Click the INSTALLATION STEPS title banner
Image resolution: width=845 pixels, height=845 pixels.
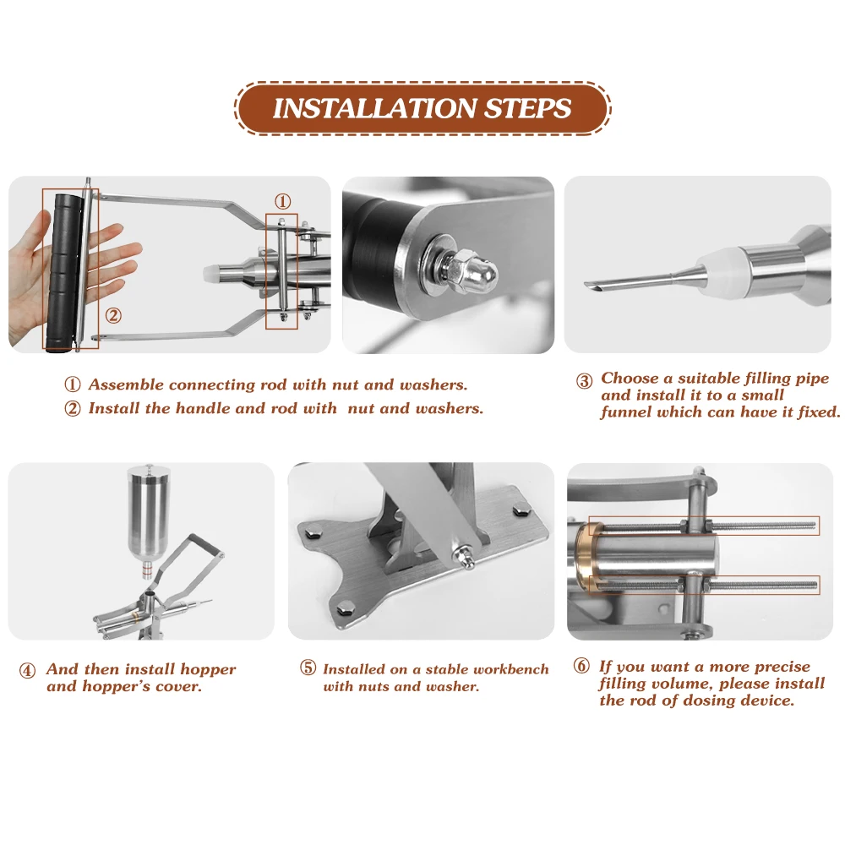(x=422, y=108)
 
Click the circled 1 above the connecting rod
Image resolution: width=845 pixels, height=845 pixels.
(x=282, y=202)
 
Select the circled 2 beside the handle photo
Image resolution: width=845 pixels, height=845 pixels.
(x=113, y=315)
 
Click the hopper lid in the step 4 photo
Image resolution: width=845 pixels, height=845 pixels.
(x=150, y=474)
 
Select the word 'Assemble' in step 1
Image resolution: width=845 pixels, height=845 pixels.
(x=126, y=384)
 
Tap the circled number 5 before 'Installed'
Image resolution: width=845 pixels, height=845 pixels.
(x=308, y=668)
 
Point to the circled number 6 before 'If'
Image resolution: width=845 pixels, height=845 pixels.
(x=581, y=666)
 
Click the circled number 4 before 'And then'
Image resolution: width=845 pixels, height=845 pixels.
(x=28, y=671)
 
